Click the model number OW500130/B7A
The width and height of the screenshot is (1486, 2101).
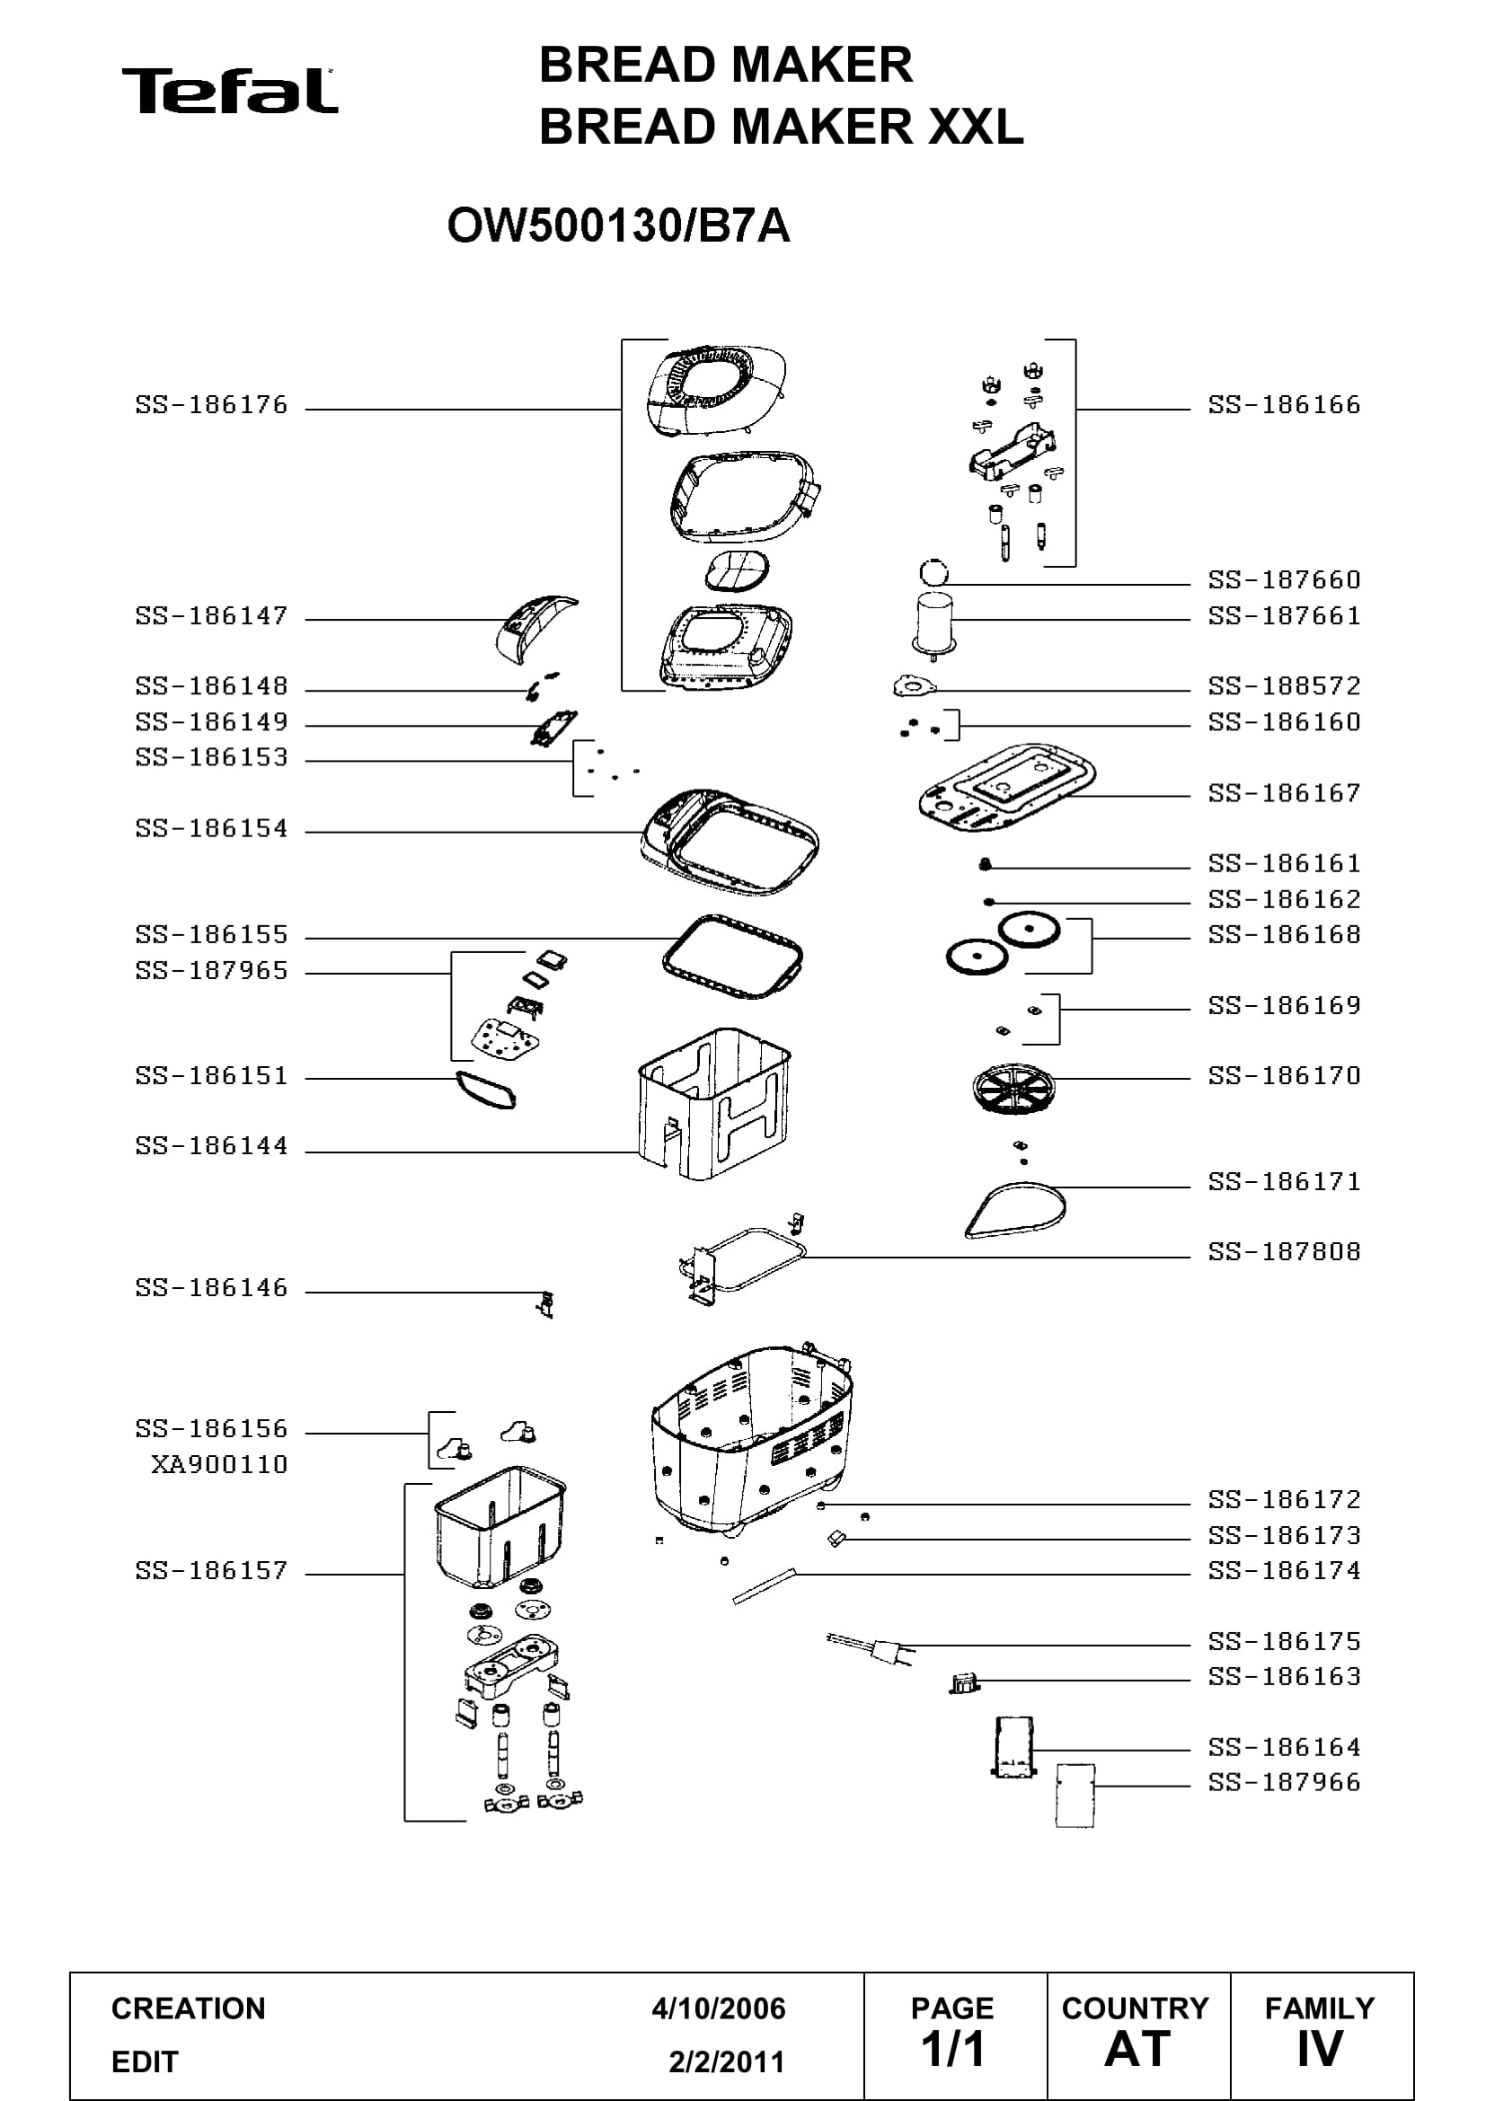(x=618, y=226)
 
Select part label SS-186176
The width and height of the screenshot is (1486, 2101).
(x=211, y=404)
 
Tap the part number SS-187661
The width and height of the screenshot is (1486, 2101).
(x=1284, y=616)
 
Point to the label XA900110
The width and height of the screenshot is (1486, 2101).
(x=219, y=1464)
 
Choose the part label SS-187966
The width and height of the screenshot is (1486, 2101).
(x=1284, y=1781)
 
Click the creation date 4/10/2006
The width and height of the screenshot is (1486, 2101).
(x=719, y=2008)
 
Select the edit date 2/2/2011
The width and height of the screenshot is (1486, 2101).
(x=727, y=2061)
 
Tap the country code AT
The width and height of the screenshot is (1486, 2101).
(x=1137, y=2050)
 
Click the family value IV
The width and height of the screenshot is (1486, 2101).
(x=1320, y=2050)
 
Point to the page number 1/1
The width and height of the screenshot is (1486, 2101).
(x=952, y=2050)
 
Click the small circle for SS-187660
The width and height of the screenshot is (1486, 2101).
(x=933, y=574)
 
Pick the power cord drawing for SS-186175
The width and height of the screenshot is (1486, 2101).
(x=870, y=1649)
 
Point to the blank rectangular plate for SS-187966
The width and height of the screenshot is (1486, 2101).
(x=1075, y=1796)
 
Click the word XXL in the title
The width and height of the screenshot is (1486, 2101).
(x=976, y=127)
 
